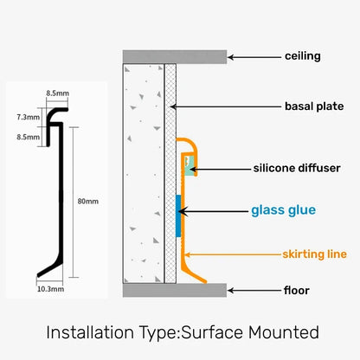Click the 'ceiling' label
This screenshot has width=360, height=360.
(303, 56)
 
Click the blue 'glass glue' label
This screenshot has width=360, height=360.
(284, 209)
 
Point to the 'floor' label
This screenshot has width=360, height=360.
(297, 290)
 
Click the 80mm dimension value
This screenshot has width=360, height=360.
(87, 202)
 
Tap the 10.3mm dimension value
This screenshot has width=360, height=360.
(51, 291)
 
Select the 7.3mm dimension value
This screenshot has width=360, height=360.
(28, 116)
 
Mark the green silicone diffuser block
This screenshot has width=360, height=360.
(189, 164)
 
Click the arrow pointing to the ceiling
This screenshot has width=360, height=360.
(255, 56)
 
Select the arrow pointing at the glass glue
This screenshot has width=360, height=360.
(216, 209)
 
